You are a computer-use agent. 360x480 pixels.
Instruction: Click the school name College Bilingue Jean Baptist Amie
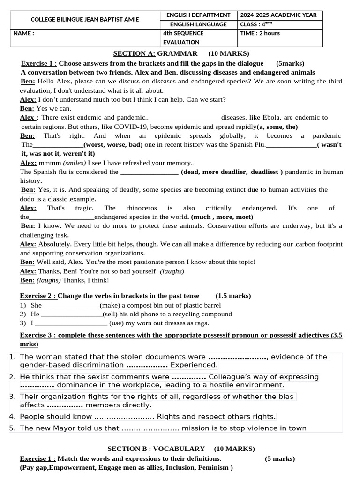click(84, 20)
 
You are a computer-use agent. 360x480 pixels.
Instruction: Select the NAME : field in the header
click(23, 33)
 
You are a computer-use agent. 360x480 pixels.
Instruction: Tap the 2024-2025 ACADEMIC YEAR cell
click(279, 15)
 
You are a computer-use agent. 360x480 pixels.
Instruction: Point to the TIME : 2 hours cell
click(260, 33)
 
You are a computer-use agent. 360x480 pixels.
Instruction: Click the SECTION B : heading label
click(129, 449)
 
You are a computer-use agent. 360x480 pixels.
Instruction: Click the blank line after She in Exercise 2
click(71, 306)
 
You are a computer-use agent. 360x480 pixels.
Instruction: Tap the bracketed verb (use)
click(119, 323)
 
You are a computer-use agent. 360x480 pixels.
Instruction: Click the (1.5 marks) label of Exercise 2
click(233, 296)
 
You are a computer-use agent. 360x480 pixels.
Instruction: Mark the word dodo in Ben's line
click(28, 199)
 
